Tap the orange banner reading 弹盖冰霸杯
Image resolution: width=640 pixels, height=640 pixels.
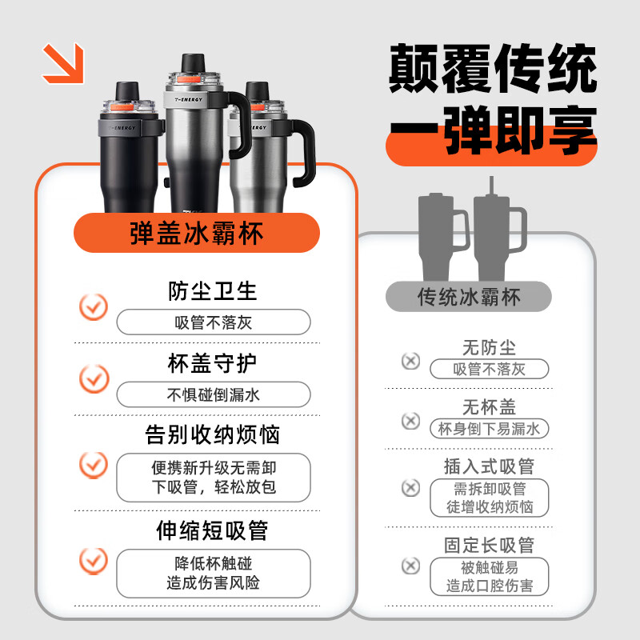pyautogui.click(x=197, y=234)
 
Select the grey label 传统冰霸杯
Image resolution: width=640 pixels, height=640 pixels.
pyautogui.click(x=469, y=297)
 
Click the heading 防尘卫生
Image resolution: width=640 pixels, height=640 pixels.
pyautogui.click(x=213, y=290)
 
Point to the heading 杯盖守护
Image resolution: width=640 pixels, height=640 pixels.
pyautogui.click(x=213, y=363)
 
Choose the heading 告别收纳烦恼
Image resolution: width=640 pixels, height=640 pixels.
pyautogui.click(x=213, y=435)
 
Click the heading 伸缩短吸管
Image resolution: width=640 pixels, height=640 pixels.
pyautogui.click(x=213, y=530)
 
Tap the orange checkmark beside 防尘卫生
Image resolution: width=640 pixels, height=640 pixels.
pyautogui.click(x=94, y=306)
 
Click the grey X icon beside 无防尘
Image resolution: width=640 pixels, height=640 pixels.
pyautogui.click(x=410, y=361)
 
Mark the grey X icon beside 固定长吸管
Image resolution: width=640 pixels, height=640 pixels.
pyautogui.click(x=410, y=566)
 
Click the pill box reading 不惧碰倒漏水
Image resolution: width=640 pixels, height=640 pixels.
pyautogui.click(x=214, y=394)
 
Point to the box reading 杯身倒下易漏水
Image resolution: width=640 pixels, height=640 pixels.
pyautogui.click(x=489, y=429)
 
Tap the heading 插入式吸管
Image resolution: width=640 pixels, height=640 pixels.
pyautogui.click(x=489, y=466)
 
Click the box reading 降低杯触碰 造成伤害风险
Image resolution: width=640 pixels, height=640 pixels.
pyautogui.click(x=214, y=573)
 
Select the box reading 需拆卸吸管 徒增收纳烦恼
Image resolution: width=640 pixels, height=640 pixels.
pyautogui.click(x=489, y=498)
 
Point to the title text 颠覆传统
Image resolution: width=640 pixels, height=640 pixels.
pyautogui.click(x=493, y=70)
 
